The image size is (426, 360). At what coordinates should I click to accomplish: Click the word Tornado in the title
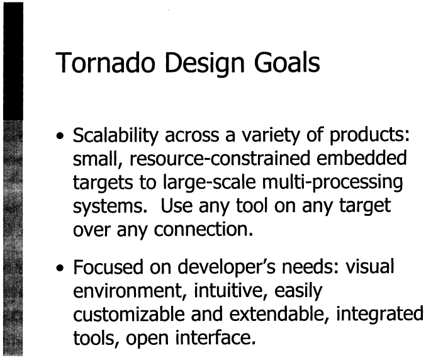click(x=105, y=62)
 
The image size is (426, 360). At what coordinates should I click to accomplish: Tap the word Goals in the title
click(x=287, y=62)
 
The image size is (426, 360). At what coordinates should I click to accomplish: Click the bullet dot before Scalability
click(x=60, y=135)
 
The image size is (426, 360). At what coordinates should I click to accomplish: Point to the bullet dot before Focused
click(x=60, y=268)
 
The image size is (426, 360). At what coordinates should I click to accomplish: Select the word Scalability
click(x=115, y=135)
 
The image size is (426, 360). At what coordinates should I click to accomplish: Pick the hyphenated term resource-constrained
click(x=220, y=159)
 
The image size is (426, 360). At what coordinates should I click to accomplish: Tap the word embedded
click(x=362, y=157)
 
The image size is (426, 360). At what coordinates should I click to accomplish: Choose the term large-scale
click(x=210, y=183)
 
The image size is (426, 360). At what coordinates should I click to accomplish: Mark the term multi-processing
click(x=332, y=183)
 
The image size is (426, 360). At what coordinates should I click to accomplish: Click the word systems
click(x=110, y=206)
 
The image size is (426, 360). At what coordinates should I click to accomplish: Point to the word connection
click(x=203, y=230)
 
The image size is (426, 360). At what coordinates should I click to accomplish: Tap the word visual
click(x=369, y=266)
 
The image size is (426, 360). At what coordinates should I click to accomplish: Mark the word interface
click(x=215, y=338)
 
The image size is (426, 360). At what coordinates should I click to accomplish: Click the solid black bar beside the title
click(x=13, y=61)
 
